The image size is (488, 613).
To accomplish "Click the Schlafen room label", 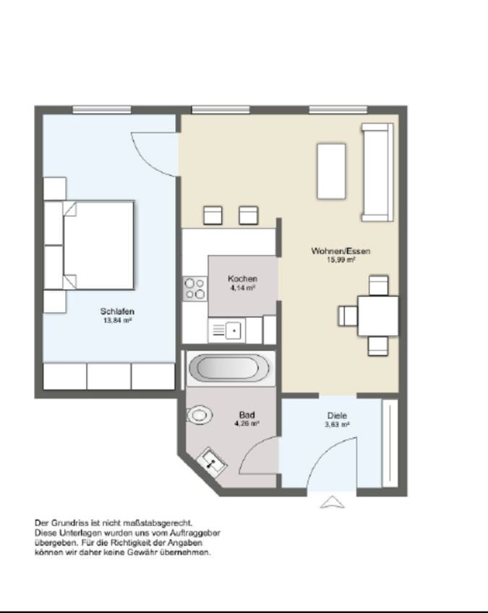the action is [117, 312].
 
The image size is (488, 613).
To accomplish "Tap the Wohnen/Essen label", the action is [341, 251].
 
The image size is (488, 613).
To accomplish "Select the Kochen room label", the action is [242, 279].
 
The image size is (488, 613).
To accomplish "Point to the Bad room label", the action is [247, 415].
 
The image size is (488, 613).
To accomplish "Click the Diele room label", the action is [337, 415].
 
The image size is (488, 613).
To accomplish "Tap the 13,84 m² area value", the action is [117, 321].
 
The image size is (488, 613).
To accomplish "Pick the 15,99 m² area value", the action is [341, 260].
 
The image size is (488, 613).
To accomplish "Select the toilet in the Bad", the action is [199, 415].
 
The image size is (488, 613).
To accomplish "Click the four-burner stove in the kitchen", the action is [194, 289].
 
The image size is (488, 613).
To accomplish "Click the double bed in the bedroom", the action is [98, 245].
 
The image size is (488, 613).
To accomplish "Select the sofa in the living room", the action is [377, 172].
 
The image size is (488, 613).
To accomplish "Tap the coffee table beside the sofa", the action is [331, 172].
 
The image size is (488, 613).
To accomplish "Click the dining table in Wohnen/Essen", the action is [378, 316].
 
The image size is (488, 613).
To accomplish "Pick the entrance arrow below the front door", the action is [333, 502].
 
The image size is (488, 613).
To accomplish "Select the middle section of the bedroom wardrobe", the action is [109, 376].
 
